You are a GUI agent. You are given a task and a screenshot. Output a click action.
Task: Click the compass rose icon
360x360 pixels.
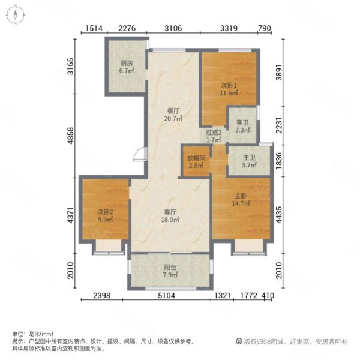coord(16,15)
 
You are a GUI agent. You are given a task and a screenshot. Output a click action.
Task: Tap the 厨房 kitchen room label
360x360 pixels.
coord(127,67)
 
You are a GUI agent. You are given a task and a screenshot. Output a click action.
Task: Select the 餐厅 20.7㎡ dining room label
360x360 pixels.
coord(173,115)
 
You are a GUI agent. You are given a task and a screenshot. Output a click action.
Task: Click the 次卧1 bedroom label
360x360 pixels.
coord(229,89)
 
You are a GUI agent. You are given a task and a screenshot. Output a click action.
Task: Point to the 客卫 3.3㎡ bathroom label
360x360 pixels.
coord(242,127)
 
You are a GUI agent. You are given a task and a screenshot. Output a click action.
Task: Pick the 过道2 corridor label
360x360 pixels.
coord(214,136)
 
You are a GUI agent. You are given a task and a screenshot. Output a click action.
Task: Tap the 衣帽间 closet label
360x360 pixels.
coord(196,161)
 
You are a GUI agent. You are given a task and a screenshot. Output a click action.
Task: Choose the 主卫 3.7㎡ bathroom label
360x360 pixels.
coord(249,161)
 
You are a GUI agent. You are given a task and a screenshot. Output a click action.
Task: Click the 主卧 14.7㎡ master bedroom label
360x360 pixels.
coord(241,200)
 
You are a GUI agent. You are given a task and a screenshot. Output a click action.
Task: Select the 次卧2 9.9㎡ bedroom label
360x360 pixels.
coord(106,215)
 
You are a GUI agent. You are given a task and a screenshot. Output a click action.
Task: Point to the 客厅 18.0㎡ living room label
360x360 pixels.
coord(170,216)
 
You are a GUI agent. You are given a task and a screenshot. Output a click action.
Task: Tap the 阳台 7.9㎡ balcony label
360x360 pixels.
coord(170,271)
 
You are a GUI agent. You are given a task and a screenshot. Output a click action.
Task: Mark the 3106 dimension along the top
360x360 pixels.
coord(173,28)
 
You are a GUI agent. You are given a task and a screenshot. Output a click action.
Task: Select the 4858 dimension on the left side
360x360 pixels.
coord(70,136)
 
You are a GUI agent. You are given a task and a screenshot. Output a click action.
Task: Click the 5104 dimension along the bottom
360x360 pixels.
coord(166,295)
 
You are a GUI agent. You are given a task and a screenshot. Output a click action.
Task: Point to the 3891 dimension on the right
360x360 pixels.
coord(279,73)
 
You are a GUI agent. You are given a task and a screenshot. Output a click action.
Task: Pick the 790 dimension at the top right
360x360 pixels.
coord(265,28)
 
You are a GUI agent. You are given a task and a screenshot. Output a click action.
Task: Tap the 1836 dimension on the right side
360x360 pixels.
coord(279,161)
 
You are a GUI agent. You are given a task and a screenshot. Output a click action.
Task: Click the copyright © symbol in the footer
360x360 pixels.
coord(239,341)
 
